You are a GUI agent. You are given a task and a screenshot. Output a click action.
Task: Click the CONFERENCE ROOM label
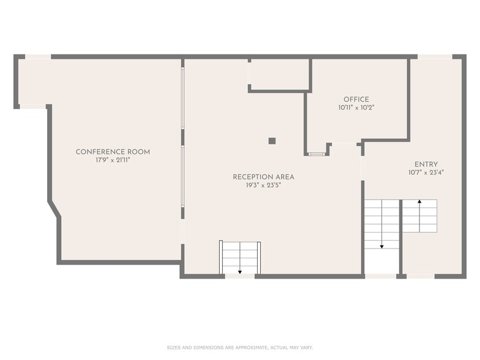click(x=113, y=152)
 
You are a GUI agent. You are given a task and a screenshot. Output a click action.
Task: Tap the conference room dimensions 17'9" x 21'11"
click(x=113, y=160)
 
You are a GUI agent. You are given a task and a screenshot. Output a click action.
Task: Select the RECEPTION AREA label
click(x=263, y=177)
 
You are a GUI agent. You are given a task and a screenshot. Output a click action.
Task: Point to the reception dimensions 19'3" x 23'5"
click(x=263, y=185)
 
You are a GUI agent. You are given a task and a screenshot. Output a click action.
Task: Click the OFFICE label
click(x=356, y=99)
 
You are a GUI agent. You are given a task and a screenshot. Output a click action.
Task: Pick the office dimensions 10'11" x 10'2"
click(x=356, y=108)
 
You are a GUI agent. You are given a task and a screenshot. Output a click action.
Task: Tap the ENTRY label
click(x=426, y=164)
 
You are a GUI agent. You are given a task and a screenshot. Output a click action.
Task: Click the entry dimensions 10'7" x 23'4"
click(x=426, y=173)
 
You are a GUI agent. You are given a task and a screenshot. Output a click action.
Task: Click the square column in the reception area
click(x=272, y=141)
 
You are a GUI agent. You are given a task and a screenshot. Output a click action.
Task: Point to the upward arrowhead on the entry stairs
click(x=419, y=201)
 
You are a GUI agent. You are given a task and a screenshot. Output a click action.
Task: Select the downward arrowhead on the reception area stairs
click(x=240, y=272)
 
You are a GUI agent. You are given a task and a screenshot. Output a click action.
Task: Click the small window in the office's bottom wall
click(x=316, y=154)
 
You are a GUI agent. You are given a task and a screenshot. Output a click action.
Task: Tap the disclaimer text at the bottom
click(x=240, y=348)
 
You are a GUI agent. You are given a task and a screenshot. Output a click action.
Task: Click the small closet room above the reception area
click(x=280, y=75)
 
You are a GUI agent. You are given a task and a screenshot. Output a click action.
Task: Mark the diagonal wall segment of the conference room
click(x=54, y=209)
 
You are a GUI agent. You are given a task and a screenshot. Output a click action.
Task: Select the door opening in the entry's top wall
click(x=435, y=57)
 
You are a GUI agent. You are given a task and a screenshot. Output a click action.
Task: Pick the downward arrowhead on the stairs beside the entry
click(x=382, y=246)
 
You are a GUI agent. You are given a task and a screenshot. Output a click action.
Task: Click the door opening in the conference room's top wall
click(x=38, y=57)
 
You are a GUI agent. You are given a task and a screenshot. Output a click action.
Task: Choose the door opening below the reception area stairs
click(x=240, y=276)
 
